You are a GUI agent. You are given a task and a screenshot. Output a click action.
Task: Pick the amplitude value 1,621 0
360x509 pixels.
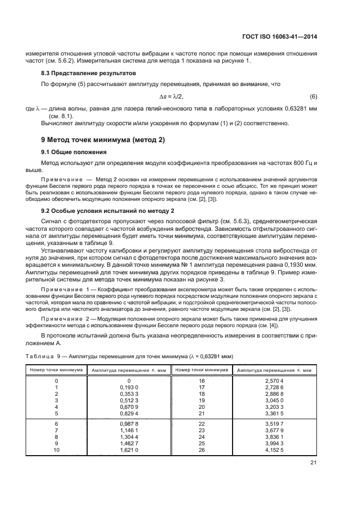[x=129, y=450]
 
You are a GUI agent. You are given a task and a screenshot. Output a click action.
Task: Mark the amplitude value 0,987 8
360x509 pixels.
[x=129, y=423]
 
